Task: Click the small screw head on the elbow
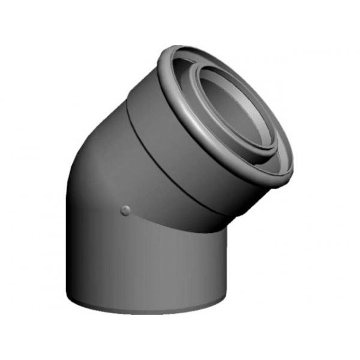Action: (125, 209)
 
